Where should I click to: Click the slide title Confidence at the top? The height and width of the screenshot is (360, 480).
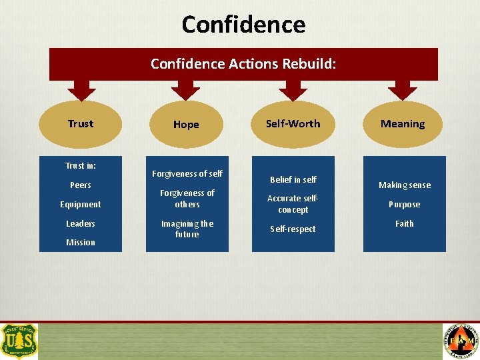coord(243,25)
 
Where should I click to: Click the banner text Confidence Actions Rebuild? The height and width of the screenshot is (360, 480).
coord(243,64)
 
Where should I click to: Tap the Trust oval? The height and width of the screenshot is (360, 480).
coord(81,124)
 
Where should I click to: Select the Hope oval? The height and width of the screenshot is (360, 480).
coord(186,125)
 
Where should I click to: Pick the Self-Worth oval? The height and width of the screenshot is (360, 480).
coord(293,124)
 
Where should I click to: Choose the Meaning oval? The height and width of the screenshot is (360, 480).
coord(402,124)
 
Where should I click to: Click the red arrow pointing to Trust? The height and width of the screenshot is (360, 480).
coord(81,89)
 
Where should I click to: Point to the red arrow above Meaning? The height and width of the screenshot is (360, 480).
coord(402,89)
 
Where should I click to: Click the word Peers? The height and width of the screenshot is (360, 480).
coord(81,185)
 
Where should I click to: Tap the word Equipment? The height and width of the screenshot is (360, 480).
coord(81,205)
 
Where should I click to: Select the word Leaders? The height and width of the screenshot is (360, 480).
coord(81,223)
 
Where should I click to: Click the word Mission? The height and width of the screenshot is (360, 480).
coord(81,243)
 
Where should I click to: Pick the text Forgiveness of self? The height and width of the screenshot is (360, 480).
coord(187,174)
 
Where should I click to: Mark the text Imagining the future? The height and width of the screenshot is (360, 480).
coord(187,229)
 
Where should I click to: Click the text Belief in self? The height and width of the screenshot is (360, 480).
coord(293,179)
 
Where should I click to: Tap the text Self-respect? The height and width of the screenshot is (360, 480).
coord(293,229)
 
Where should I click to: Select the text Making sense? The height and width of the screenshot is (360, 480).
coord(405,185)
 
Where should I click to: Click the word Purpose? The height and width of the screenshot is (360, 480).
coord(405,205)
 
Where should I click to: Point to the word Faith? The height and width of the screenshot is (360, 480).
coord(405,223)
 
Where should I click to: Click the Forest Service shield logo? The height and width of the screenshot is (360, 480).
coord(19,341)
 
